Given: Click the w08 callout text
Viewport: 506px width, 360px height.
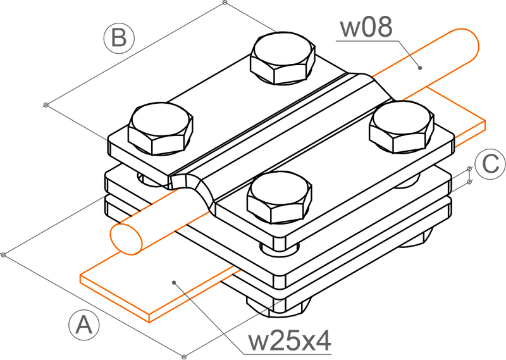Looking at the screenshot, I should pyautogui.click(x=366, y=28).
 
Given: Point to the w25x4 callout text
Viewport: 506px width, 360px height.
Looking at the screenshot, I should pyautogui.click(x=289, y=341).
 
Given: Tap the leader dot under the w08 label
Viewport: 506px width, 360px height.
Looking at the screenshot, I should pyautogui.click(x=419, y=66).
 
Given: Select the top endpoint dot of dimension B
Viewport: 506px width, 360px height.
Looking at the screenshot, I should pyautogui.click(x=225, y=3).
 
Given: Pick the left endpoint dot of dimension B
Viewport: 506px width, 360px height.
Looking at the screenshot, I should pyautogui.click(x=45, y=105).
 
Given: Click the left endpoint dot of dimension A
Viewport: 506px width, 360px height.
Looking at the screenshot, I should pyautogui.click(x=4, y=254).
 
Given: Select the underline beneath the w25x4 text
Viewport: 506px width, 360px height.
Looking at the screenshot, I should pyautogui.click(x=285, y=354).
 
